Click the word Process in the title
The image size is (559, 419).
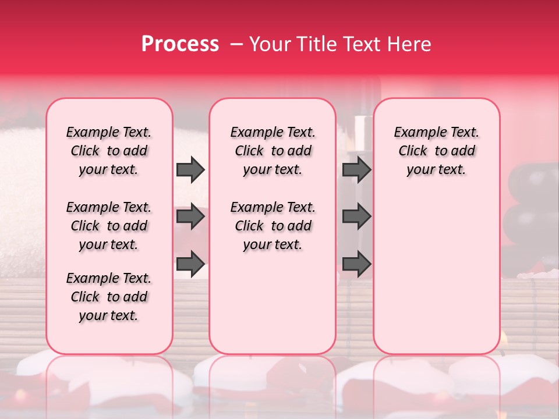[x=180, y=44]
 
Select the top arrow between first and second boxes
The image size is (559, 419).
[x=190, y=169]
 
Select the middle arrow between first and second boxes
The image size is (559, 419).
[x=190, y=216]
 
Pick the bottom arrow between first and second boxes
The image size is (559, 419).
[x=190, y=264]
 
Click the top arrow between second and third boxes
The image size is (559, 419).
[x=356, y=169]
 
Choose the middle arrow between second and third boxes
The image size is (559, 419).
[x=356, y=216]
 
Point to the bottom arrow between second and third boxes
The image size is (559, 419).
[x=356, y=264]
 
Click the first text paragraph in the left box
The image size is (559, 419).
[x=109, y=151]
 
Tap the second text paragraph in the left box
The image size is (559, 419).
[x=109, y=226]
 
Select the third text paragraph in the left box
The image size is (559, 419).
[x=109, y=297]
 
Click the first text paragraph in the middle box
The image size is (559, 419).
[x=273, y=151]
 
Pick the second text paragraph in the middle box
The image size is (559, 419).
[x=273, y=226]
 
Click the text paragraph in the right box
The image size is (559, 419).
[x=436, y=151]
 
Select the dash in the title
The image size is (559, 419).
[x=236, y=44]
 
